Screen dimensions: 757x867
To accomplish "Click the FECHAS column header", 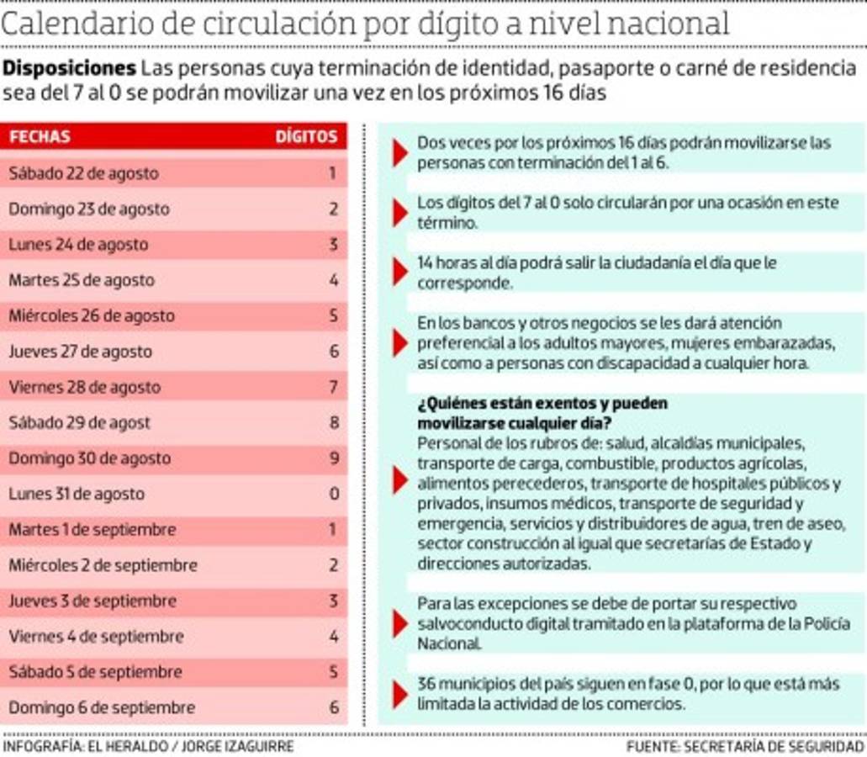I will pos(40,136).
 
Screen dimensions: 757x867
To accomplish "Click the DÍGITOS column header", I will pos(306,136).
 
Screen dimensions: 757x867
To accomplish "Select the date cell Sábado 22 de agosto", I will pos(83,173).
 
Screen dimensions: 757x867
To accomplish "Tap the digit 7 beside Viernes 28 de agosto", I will pos(333,387).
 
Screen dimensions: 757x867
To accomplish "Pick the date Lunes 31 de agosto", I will pos(77,494).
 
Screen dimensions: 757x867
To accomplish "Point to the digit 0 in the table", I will pos(333,494).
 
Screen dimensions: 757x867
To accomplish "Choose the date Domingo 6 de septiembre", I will pos(102,707).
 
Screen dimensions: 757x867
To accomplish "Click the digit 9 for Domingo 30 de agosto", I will pos(333,458).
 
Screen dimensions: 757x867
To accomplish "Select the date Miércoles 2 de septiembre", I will pos(103,565).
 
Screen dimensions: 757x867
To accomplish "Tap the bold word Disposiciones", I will pos(70,67).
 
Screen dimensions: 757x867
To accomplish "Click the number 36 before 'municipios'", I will pos(427,684).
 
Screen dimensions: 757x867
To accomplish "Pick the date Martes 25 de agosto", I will pos(82,280).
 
